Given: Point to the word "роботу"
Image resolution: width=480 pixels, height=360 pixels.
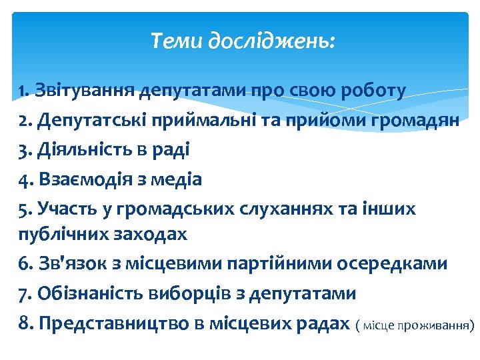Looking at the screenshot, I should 373,90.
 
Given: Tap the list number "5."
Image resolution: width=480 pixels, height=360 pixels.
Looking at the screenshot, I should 26,209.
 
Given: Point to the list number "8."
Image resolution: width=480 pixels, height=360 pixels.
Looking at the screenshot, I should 26,324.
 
